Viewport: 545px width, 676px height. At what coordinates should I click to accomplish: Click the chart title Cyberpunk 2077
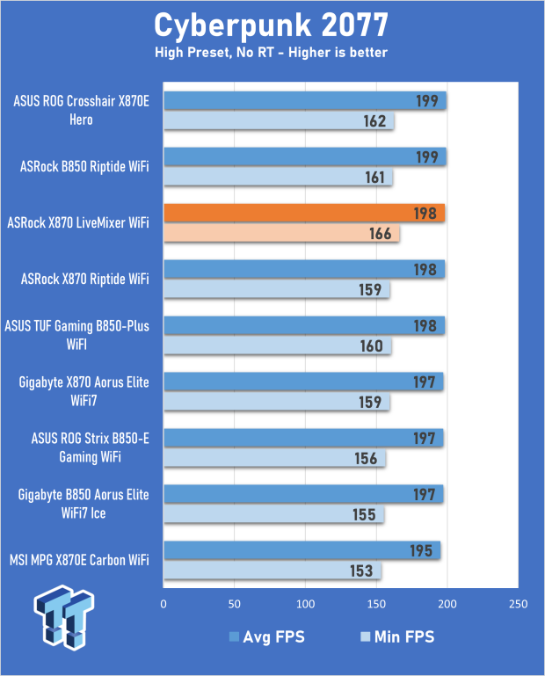pyautogui.click(x=272, y=25)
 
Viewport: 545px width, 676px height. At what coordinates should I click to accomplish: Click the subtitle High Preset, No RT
pyautogui.click(x=272, y=53)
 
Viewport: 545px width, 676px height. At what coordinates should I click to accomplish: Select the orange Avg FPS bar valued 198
pyautogui.click(x=303, y=213)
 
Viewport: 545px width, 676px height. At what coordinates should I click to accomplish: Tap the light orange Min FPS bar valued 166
pyautogui.click(x=281, y=234)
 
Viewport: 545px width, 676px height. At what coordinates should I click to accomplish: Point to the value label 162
pyautogui.click(x=374, y=121)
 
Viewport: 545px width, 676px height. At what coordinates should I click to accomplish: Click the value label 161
pyautogui.click(x=374, y=178)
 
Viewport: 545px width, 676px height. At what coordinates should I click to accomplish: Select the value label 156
pyautogui.click(x=367, y=459)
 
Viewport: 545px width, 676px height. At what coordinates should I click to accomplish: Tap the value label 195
pyautogui.click(x=422, y=551)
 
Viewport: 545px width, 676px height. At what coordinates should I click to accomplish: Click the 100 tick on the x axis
pyautogui.click(x=305, y=605)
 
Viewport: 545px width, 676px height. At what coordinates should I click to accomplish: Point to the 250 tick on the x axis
pyautogui.click(x=517, y=605)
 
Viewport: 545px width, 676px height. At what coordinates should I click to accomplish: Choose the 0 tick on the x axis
pyautogui.click(x=163, y=605)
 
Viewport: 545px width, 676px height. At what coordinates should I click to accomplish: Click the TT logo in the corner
pyautogui.click(x=63, y=620)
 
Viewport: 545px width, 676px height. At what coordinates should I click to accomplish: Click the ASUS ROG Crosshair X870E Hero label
pyautogui.click(x=82, y=110)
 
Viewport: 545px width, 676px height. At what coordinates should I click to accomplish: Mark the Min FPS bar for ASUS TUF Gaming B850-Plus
pyautogui.click(x=277, y=346)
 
